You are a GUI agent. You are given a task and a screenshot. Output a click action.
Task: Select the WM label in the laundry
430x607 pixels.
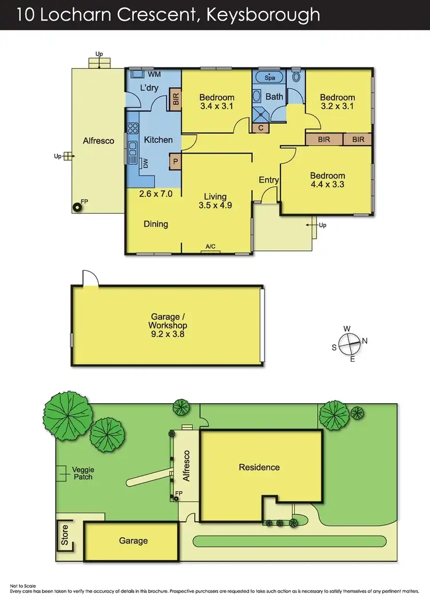[154, 74]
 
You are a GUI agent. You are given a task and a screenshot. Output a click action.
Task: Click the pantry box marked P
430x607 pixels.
[175, 162]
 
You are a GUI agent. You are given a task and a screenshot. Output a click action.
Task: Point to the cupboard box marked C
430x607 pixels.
[261, 128]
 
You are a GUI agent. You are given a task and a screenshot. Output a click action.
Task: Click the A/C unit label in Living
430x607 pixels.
[210, 247]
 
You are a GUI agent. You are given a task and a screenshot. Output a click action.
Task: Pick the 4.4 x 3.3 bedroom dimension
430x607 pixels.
[327, 185]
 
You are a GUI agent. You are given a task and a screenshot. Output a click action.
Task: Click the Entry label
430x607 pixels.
[268, 180]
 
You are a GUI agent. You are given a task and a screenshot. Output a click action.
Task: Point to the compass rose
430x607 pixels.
[350, 344]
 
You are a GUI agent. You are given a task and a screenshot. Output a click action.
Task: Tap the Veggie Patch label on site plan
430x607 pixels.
[83, 473]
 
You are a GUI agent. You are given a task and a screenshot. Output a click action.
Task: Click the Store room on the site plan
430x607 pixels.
[65, 535]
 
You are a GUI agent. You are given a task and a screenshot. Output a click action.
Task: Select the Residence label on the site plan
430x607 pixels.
[259, 467]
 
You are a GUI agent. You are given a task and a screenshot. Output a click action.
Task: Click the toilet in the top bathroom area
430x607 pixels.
[296, 77]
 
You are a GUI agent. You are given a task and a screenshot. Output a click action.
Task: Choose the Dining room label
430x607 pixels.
[156, 224]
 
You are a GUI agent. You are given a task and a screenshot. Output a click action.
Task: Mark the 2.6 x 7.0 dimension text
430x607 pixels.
[156, 194]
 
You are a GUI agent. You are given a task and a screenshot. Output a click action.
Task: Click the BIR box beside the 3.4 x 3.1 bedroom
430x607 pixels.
[175, 101]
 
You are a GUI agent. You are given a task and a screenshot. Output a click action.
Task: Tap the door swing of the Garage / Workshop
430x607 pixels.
[90, 278]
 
